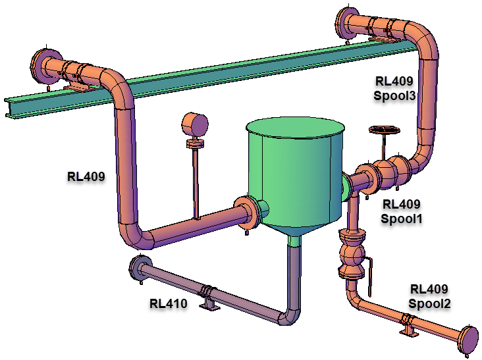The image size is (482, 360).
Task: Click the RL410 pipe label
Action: [168, 303]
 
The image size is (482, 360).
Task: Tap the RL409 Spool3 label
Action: [394, 88]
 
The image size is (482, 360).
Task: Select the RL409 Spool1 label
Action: [402, 211]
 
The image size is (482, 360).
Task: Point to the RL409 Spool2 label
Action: [429, 296]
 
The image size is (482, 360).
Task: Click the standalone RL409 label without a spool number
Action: [86, 176]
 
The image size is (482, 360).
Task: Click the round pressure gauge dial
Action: [195, 124]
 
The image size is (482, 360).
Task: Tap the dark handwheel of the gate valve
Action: [385, 130]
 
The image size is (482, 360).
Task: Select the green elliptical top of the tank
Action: [295, 128]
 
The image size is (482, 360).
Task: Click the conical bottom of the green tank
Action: [294, 229]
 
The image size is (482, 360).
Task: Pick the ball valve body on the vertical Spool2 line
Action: [352, 254]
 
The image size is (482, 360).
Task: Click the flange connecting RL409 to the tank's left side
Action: [246, 213]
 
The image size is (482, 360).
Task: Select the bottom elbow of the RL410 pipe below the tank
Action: [290, 317]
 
